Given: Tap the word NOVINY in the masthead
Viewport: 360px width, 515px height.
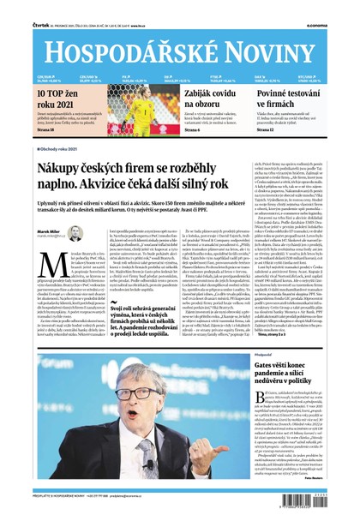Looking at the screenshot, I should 271,42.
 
